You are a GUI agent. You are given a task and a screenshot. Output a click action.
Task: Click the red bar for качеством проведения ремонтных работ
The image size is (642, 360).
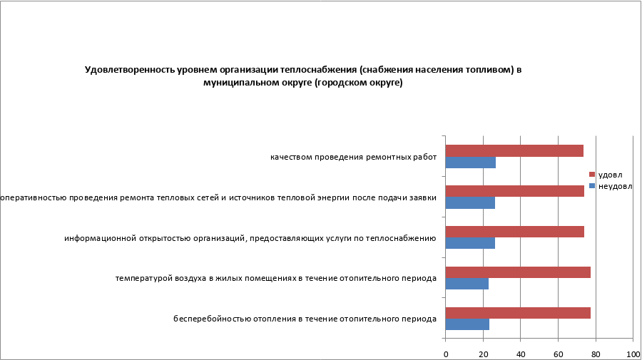[x=514, y=150]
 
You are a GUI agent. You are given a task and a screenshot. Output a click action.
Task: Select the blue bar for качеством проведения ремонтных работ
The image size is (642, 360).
[x=470, y=163]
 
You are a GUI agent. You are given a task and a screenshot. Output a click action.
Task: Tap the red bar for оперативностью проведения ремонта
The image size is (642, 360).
[x=514, y=191]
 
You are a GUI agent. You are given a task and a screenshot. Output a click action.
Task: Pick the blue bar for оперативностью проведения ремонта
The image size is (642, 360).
[x=470, y=203]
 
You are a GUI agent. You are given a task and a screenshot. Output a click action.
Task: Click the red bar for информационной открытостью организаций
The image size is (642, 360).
[x=514, y=232]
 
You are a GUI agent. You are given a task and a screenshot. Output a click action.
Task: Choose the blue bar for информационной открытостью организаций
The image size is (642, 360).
[x=470, y=244]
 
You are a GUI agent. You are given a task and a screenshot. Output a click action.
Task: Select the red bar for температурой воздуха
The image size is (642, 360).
[x=518, y=272]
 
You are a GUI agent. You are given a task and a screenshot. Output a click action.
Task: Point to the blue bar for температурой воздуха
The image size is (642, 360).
[x=467, y=284]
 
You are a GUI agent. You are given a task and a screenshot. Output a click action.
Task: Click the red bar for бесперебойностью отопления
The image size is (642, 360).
[x=518, y=313]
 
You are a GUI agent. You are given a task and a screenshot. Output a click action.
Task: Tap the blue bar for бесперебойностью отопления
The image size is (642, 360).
[x=467, y=324]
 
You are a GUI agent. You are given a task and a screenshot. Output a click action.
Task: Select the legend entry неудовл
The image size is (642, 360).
[x=613, y=187]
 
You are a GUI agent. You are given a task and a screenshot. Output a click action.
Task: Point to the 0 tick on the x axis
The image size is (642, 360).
[x=446, y=354]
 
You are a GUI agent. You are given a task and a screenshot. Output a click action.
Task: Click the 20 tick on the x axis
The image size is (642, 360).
[x=483, y=354]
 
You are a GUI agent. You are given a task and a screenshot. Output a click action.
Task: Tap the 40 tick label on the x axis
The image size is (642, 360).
[x=521, y=354]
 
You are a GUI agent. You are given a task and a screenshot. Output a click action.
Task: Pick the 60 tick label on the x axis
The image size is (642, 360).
[x=558, y=354]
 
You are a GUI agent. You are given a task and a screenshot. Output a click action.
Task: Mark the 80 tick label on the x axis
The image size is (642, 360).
[x=596, y=354]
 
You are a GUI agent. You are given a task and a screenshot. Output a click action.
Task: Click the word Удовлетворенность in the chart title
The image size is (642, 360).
[x=125, y=70]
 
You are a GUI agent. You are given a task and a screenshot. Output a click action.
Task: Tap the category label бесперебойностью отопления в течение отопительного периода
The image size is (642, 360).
[x=305, y=319]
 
